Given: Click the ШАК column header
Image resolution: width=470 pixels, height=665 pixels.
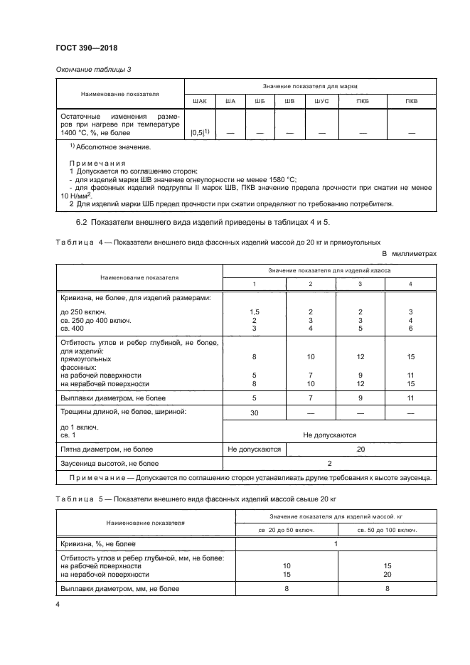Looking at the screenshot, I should click(200, 101).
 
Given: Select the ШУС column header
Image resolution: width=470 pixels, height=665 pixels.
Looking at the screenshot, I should click(322, 101).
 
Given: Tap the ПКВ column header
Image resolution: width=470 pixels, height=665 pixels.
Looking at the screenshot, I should click(411, 101).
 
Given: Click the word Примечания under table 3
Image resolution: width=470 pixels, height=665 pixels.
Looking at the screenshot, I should click(92, 163).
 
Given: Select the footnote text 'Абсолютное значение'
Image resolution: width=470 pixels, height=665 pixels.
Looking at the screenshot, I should click(113, 147).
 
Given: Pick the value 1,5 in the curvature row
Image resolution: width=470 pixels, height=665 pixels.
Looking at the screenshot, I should click(254, 312).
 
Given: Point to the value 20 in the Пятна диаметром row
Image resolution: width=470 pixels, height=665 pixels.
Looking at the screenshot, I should click(360, 449).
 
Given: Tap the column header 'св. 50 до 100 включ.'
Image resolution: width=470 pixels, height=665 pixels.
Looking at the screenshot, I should click(387, 530).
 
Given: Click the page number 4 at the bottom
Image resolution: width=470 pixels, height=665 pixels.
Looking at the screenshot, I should click(58, 605).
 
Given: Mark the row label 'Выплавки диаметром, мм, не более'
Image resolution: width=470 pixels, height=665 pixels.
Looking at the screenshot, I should click(120, 589).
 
